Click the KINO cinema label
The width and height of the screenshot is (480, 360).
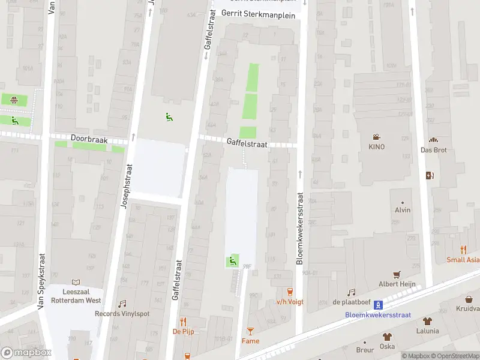(376, 147)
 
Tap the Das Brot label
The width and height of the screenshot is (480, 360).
(433, 150)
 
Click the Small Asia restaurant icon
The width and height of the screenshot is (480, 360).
(463, 250)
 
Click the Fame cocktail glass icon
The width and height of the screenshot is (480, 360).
(250, 331)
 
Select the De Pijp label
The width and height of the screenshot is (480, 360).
(183, 331)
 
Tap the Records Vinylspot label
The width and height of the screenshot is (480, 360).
(122, 314)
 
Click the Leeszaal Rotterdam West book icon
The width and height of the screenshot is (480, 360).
(76, 282)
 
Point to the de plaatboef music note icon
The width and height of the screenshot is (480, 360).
(351, 292)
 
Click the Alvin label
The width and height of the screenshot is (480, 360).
(403, 210)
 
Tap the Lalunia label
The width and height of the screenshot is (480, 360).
(427, 331)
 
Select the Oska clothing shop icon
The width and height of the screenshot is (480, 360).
(388, 337)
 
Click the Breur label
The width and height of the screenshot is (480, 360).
(365, 350)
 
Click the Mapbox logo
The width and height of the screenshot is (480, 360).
(26, 353)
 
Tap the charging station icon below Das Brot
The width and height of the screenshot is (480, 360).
(429, 176)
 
